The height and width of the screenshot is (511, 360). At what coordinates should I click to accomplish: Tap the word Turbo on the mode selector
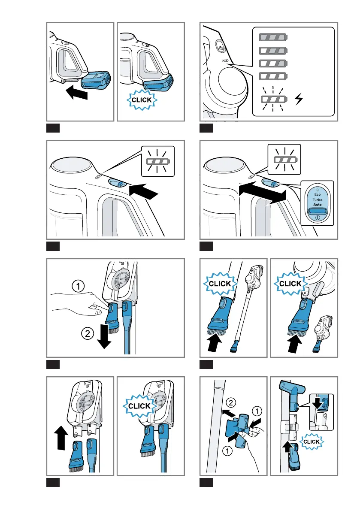point(317,200)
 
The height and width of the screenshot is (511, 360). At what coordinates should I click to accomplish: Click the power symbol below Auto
point(317,218)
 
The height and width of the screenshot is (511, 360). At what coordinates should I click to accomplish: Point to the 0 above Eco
point(317,189)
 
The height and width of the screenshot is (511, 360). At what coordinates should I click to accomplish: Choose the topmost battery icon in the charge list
point(273,38)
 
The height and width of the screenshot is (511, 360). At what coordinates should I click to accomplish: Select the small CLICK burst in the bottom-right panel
point(312,441)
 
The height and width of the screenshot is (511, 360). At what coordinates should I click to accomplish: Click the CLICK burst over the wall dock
point(140,405)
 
